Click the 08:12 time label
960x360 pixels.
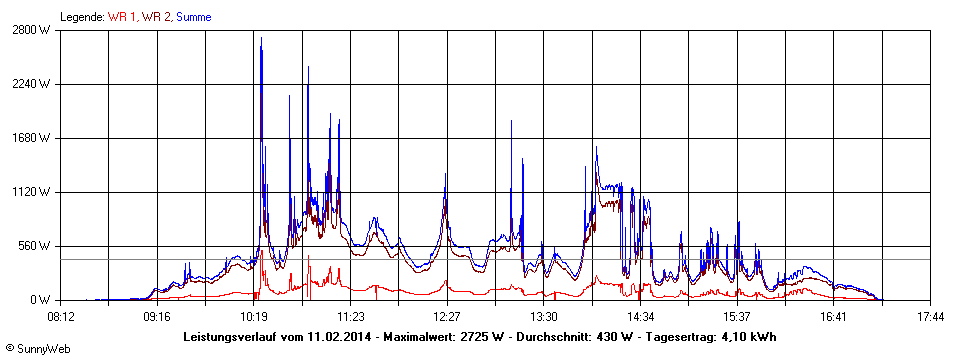60,317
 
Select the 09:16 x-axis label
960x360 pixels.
157,317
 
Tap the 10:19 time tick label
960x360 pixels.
254,317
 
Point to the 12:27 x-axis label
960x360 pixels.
447,317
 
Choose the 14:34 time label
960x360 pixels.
640,317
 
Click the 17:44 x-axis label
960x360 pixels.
930,317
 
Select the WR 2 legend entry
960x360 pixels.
157,17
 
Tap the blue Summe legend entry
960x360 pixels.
194,17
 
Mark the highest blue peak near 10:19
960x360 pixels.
261,39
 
